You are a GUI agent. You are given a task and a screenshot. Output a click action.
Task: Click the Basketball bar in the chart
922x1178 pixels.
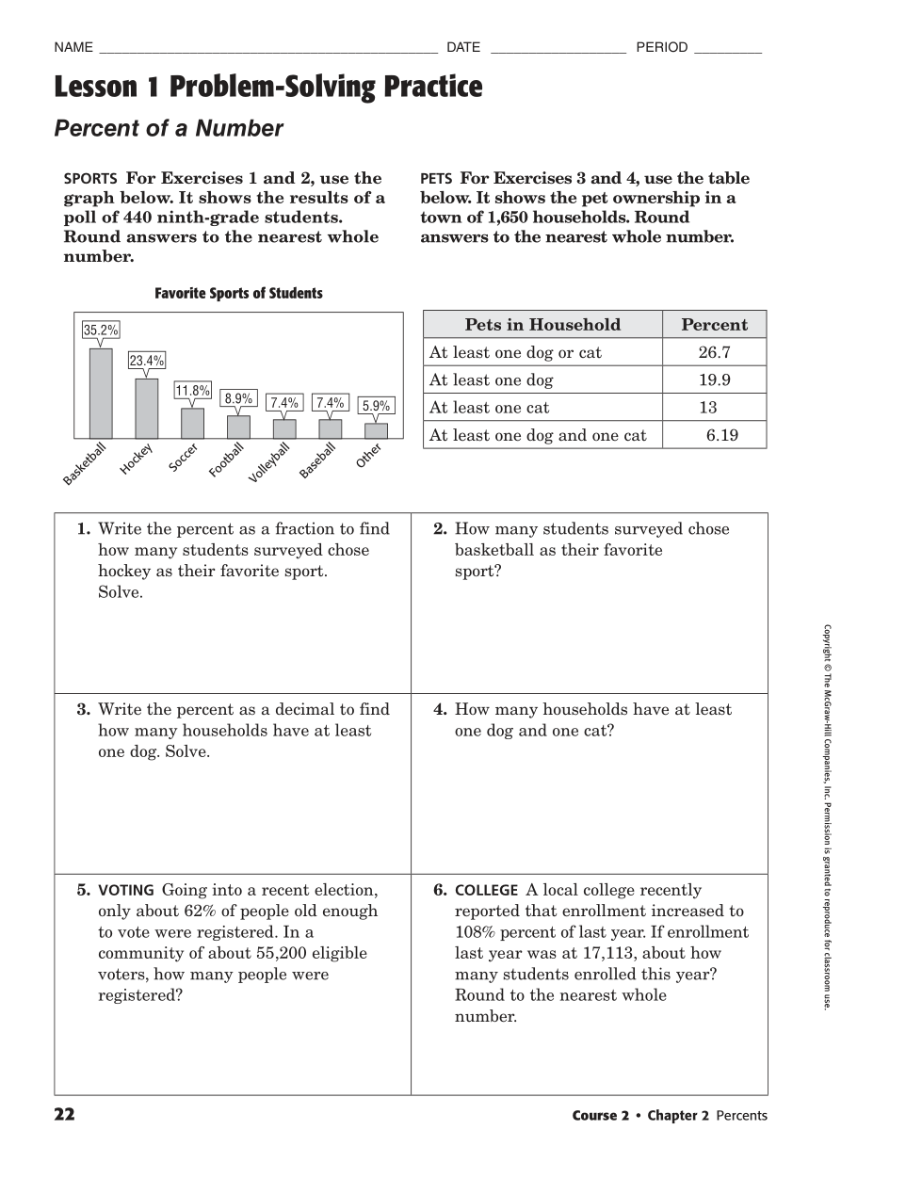point(101,394)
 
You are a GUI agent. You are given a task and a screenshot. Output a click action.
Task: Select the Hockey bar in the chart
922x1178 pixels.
point(147,409)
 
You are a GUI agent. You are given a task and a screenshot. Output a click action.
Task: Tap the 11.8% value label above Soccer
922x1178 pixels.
point(192,391)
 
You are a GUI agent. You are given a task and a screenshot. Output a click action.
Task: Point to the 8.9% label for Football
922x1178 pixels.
point(238,398)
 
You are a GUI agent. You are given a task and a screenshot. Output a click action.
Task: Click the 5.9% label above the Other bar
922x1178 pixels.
point(376,406)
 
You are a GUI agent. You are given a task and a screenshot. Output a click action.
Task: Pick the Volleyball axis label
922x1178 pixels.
point(269,462)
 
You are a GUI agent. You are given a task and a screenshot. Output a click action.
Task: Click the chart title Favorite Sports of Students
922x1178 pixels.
point(238,294)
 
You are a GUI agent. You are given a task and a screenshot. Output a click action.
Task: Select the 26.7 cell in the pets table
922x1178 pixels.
point(714,352)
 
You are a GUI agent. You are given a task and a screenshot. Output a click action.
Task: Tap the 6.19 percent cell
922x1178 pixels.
point(722,435)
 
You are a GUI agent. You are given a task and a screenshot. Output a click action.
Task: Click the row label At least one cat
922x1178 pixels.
point(489,408)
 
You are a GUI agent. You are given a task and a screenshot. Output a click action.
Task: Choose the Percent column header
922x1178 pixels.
point(714,325)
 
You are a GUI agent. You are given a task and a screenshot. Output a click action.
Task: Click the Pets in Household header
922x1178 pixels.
point(542,325)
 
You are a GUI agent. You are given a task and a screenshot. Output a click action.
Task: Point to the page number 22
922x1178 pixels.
point(64,1115)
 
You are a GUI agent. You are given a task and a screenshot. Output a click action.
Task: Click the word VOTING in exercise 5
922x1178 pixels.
point(126,890)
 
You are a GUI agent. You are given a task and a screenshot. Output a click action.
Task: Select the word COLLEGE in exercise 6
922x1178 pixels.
point(486,890)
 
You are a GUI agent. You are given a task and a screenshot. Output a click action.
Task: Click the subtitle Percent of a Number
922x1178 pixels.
point(169,129)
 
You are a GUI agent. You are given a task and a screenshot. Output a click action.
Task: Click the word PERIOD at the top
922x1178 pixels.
point(662,47)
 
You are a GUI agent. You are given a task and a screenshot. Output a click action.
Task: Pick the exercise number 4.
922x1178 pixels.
point(440,710)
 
